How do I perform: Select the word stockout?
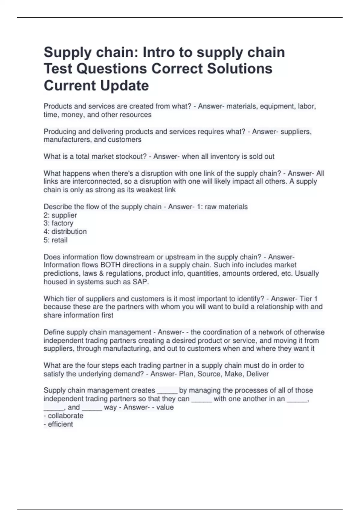(x=129, y=156)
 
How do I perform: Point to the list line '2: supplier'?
(x=60, y=215)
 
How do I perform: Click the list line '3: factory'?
(x=58, y=223)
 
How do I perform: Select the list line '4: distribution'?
(x=65, y=232)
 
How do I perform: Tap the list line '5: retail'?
(x=55, y=240)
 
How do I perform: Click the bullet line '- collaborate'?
(x=64, y=416)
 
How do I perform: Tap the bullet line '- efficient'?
(x=58, y=424)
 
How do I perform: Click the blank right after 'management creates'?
(x=167, y=391)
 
